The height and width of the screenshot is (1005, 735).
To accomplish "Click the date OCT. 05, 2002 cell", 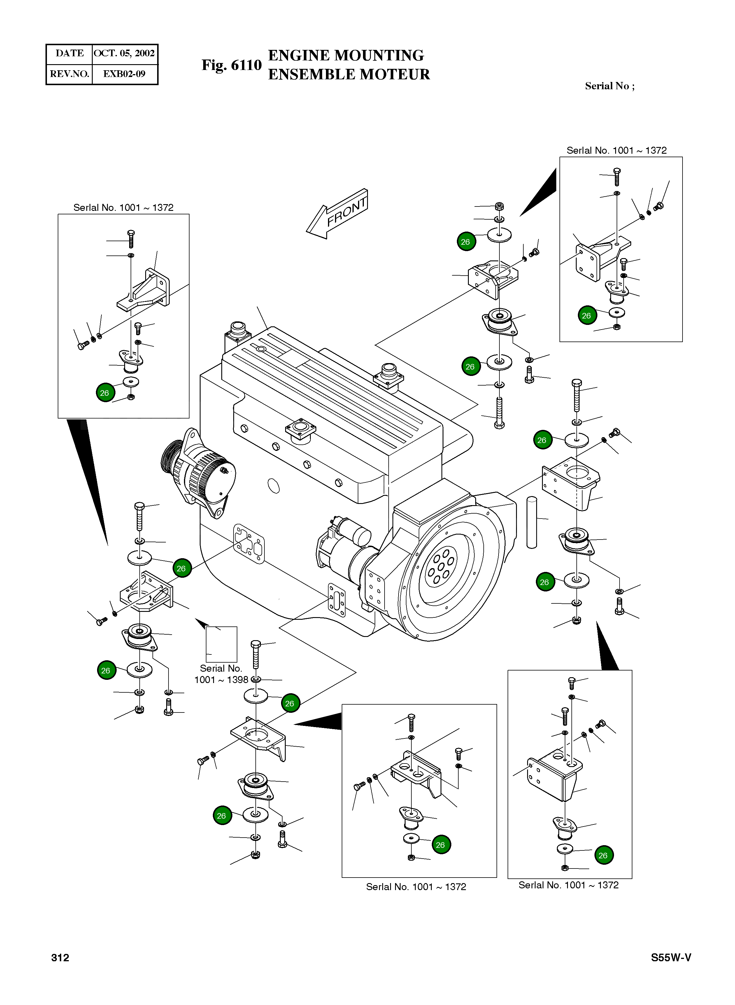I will coord(124,53).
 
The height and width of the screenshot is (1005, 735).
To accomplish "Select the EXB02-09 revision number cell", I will coord(124,74).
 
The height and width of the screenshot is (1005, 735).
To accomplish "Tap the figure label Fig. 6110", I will coord(231,65).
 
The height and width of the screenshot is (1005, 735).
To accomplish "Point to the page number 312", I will coord(60,958).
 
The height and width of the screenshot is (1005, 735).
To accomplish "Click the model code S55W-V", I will coord(671,958).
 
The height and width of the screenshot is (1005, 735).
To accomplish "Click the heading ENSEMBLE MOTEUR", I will coord(349,74).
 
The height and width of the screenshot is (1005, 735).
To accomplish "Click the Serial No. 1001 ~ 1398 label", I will coord(221,674).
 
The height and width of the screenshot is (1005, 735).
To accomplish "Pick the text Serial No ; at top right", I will coord(610,86).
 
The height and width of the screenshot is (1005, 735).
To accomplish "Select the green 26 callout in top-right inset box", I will coord(587,316).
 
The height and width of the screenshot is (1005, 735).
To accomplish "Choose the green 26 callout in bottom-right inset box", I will coord(603,855).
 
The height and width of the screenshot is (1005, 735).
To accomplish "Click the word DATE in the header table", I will coord(69,53).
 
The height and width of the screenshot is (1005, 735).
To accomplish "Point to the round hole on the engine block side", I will coord(274,486).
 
